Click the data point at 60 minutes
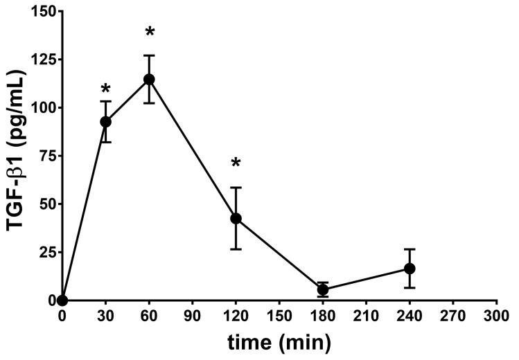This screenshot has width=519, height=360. tap(149, 79)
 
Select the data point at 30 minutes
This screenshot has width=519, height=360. tap(106, 122)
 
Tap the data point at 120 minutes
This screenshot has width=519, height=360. tap(236, 218)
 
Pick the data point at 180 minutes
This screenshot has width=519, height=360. tap(322, 290)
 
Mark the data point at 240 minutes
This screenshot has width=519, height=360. tap(410, 268)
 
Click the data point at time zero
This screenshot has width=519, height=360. tap(62, 300)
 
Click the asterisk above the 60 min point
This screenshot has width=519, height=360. tap(149, 33)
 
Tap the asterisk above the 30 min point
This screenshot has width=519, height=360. tap(106, 89)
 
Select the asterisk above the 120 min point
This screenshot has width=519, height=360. tap(236, 164)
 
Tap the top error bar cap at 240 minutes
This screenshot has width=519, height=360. tap(410, 249)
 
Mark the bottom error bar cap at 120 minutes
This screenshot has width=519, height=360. tap(236, 249)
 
